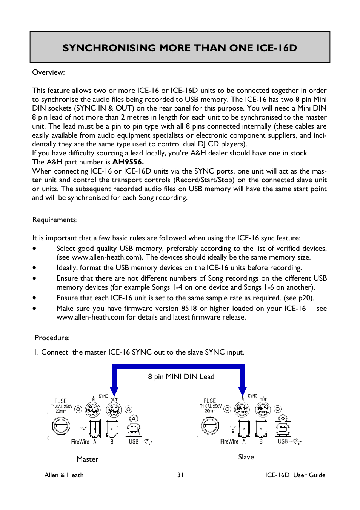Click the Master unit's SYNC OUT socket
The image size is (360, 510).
pos(114,409)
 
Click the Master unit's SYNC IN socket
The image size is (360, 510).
pos(93,409)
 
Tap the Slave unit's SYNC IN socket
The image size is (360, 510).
pos(242,409)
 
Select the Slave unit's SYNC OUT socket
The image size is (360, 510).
pos(263,409)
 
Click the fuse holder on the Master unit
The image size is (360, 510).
pos(61,427)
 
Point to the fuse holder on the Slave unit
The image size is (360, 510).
pos(210,426)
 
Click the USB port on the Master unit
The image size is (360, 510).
pos(134,429)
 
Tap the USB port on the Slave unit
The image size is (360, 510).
pos(283,429)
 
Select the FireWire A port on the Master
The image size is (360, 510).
pos(94,428)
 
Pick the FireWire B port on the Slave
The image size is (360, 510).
pos(261,428)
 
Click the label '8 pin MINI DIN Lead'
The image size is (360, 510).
pos(181,376)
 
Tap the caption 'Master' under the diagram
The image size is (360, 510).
pos(88,459)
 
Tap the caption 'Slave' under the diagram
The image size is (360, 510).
pos(246,457)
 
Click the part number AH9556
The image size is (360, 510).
pos(128,162)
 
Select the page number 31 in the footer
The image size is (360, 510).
pos(180,475)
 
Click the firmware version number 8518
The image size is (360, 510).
pos(189,308)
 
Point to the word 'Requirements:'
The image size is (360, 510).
pos(55,220)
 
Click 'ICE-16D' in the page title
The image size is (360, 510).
pos(276,48)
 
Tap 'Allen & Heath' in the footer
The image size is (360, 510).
pos(64,475)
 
